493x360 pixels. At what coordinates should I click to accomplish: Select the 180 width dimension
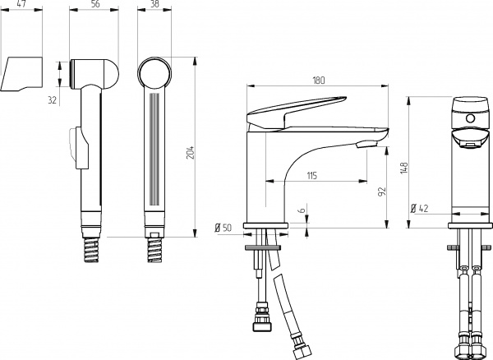(320, 80)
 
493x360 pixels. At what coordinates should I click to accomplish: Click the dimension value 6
(302, 210)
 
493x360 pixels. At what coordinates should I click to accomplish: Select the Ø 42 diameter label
(420, 208)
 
